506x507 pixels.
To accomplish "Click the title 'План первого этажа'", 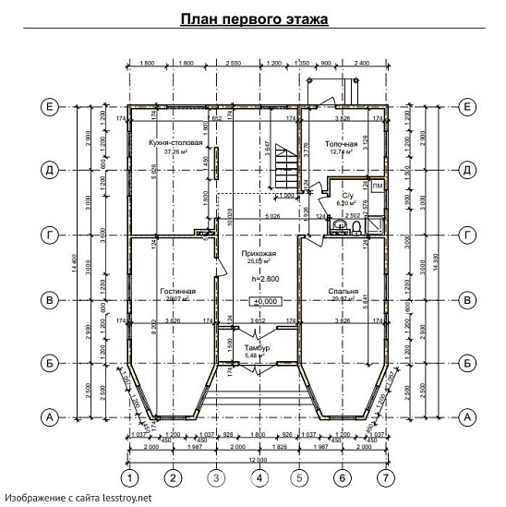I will [254, 18].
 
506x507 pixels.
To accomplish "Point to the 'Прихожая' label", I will [259, 252].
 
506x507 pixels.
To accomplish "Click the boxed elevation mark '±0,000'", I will [266, 301].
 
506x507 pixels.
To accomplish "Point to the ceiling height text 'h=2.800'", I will [259, 278].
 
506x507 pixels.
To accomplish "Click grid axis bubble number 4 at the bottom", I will [260, 477].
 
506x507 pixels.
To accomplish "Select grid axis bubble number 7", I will [385, 477].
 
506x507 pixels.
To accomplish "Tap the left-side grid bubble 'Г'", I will [49, 235].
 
